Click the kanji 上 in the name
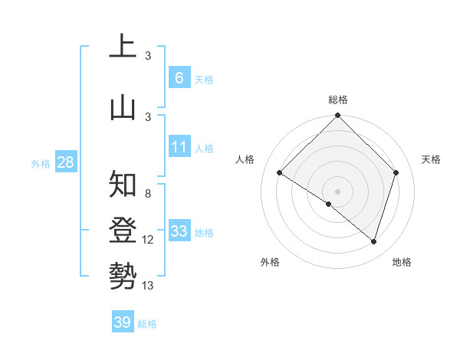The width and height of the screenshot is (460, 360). [x=123, y=47]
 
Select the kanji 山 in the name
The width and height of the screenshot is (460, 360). [x=123, y=107]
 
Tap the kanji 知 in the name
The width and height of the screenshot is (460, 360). [x=123, y=185]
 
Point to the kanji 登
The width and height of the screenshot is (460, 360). [x=123, y=230]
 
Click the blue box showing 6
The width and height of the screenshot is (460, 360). [x=179, y=77]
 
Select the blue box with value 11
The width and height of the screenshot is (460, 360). [x=179, y=146]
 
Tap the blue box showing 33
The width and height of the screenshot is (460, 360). [x=179, y=231]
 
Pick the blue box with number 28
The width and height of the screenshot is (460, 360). [x=64, y=162]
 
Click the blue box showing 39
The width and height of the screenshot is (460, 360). [x=122, y=322]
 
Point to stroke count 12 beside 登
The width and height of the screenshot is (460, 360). [x=148, y=240]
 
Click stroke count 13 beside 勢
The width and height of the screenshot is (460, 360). [x=148, y=286]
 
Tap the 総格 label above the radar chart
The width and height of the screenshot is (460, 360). [x=337, y=100]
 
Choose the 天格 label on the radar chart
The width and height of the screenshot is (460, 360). [x=431, y=159]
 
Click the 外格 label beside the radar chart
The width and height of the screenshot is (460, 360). [x=270, y=262]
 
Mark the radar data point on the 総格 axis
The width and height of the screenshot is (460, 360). [x=337, y=116]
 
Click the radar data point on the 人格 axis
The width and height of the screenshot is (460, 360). [x=280, y=173]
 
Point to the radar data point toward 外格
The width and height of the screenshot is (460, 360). [x=329, y=204]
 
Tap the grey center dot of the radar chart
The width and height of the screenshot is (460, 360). [x=337, y=191]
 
